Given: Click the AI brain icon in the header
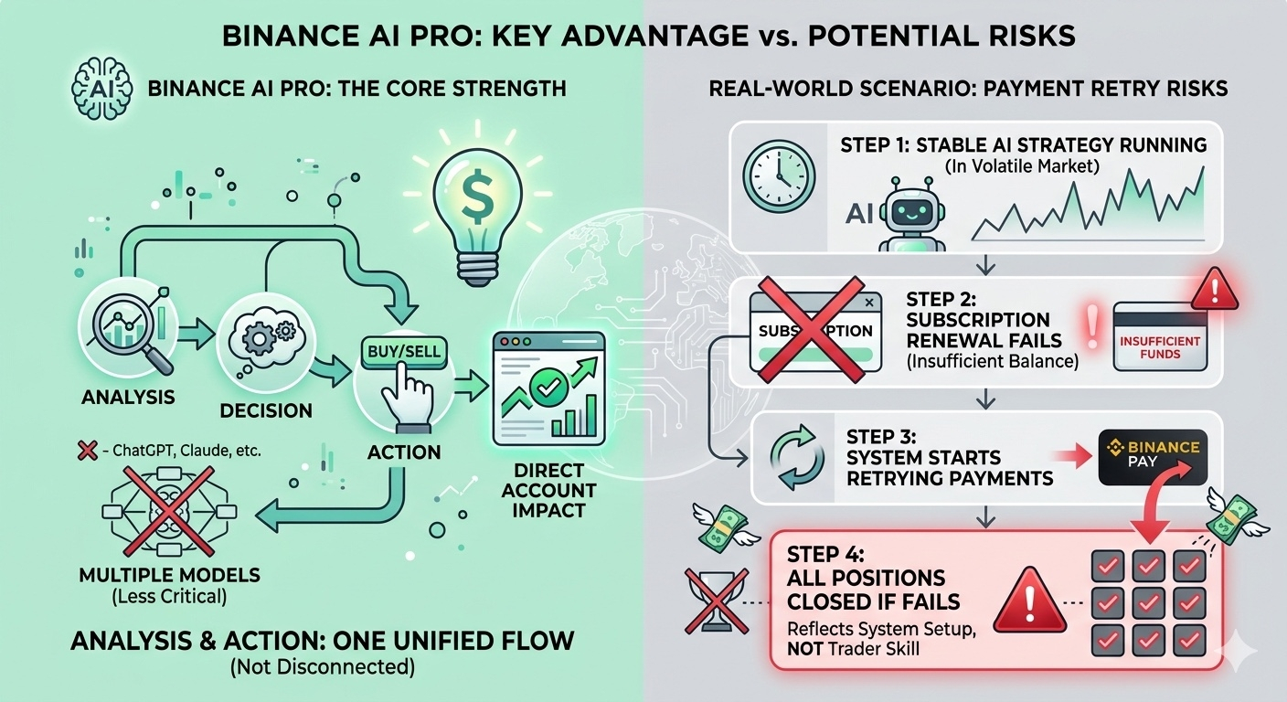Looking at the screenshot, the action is [96, 90].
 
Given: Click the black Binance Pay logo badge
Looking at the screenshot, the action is [1151, 454].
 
